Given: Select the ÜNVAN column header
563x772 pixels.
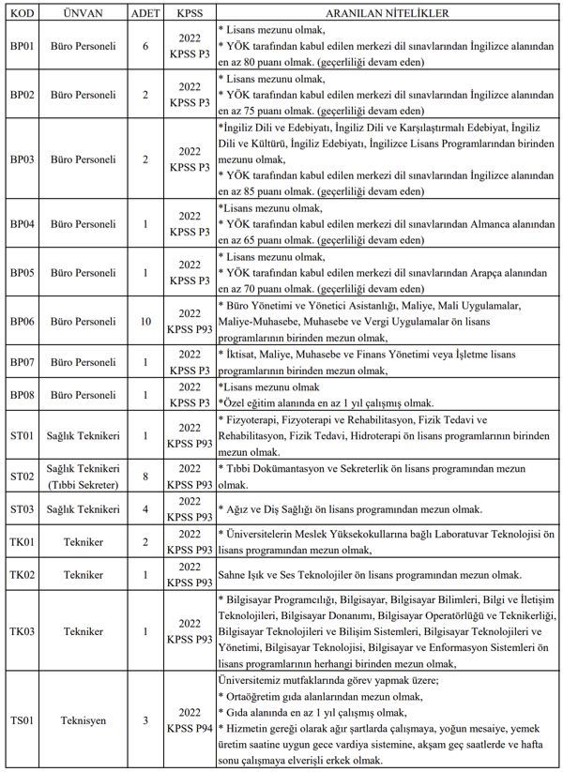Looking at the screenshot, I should click(83, 15).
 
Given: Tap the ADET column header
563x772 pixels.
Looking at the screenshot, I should click(145, 15).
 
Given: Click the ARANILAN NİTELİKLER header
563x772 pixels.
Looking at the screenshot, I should click(387, 15).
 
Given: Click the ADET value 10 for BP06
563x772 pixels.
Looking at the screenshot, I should click(145, 321).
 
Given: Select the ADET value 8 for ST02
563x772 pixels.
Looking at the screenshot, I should click(145, 477).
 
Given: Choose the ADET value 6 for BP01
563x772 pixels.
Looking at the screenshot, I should click(145, 46).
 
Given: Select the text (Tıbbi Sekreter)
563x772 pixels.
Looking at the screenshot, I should click(83, 485).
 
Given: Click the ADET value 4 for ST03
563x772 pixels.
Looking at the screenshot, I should click(145, 509).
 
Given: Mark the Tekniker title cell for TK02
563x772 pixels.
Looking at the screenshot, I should click(83, 574).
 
